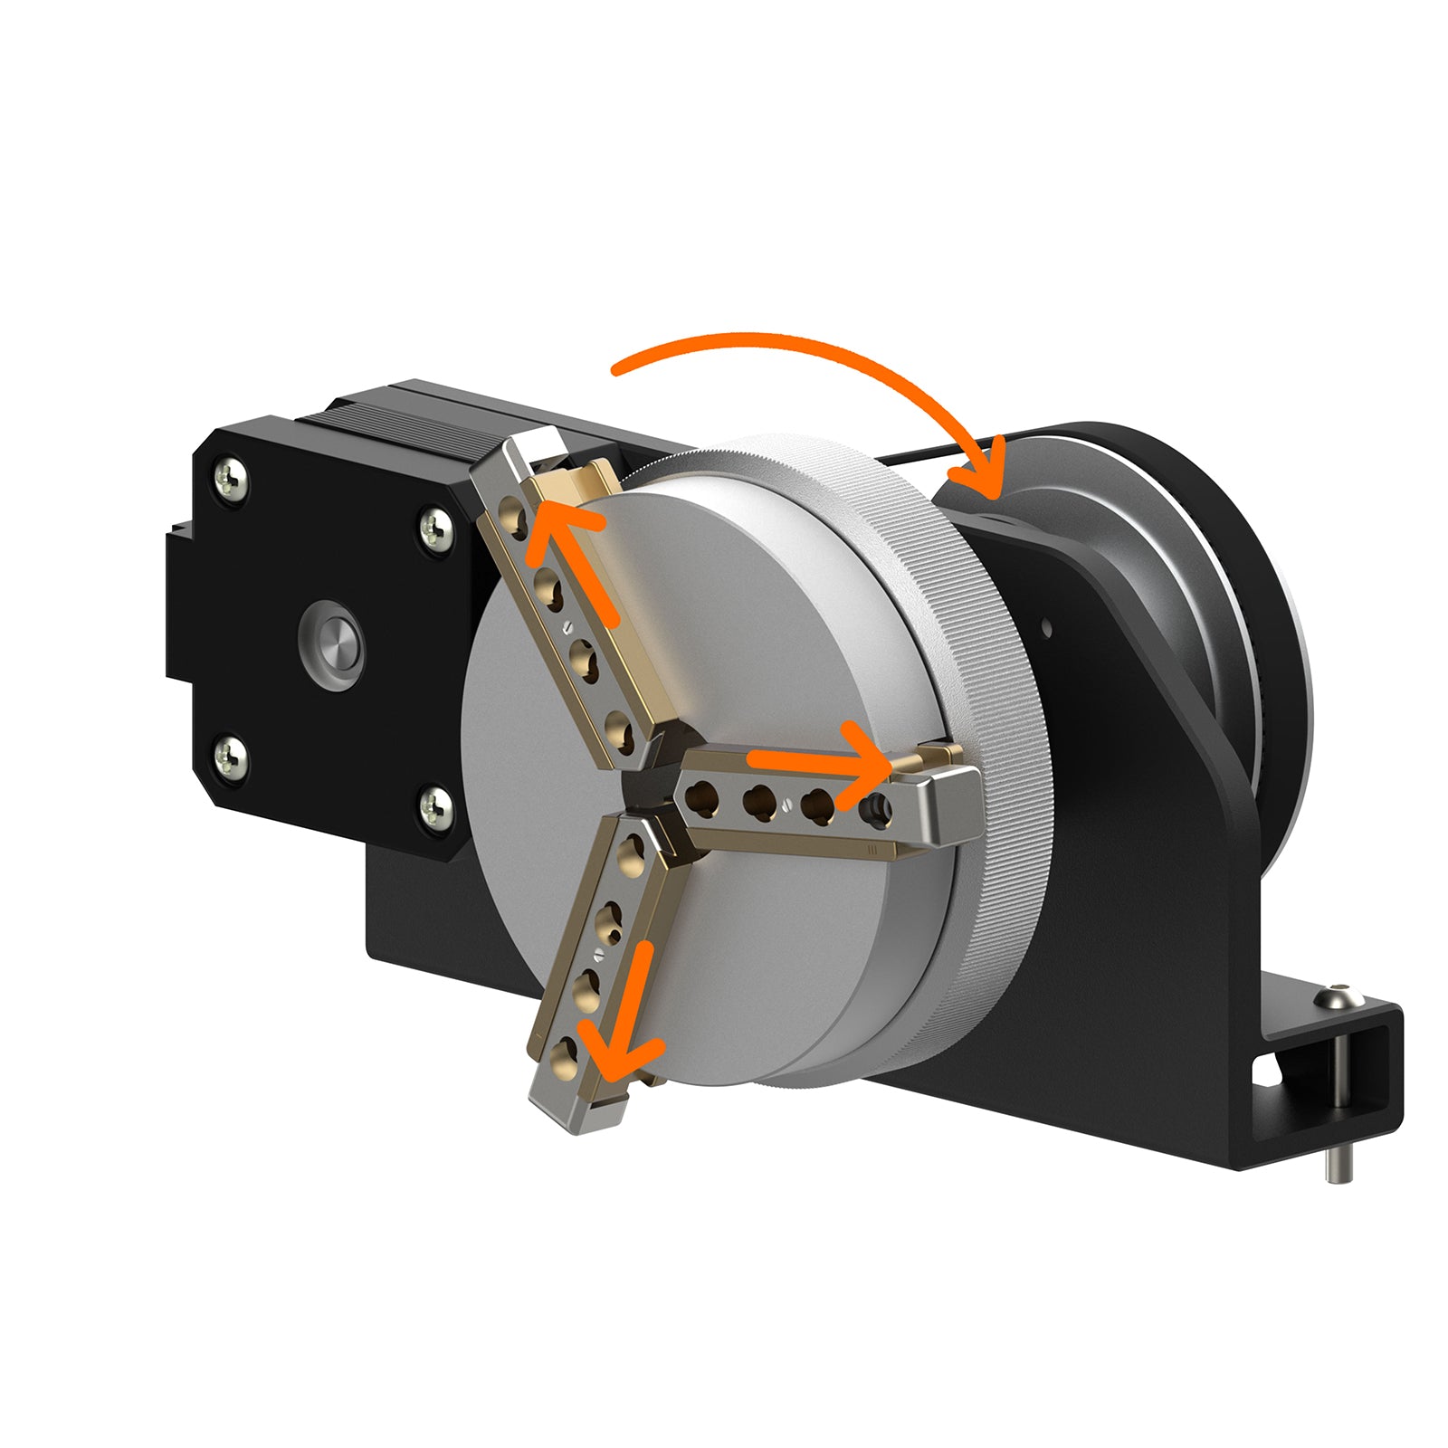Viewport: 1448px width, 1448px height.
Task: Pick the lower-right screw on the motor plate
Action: (436, 802)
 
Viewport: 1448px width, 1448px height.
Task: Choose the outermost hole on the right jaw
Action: (875, 804)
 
